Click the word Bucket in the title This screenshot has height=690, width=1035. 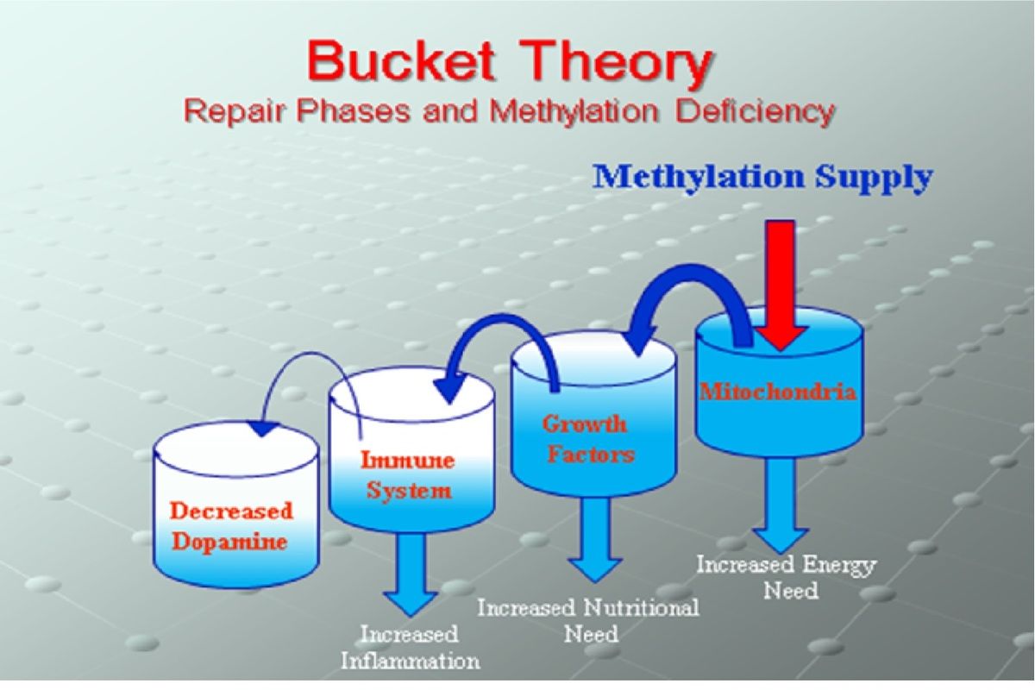click(x=400, y=61)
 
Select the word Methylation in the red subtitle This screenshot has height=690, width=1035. click(x=574, y=111)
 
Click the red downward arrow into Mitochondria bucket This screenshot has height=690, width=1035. click(x=781, y=284)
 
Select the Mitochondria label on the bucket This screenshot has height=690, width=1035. click(x=778, y=392)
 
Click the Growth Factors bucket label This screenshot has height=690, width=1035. click(x=588, y=439)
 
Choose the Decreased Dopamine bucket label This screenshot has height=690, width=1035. click(x=231, y=526)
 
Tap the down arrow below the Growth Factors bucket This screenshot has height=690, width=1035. click(x=596, y=540)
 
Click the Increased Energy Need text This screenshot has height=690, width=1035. click(x=786, y=578)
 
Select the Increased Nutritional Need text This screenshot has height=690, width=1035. click(x=588, y=621)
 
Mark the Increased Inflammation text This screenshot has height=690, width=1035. click(x=410, y=648)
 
